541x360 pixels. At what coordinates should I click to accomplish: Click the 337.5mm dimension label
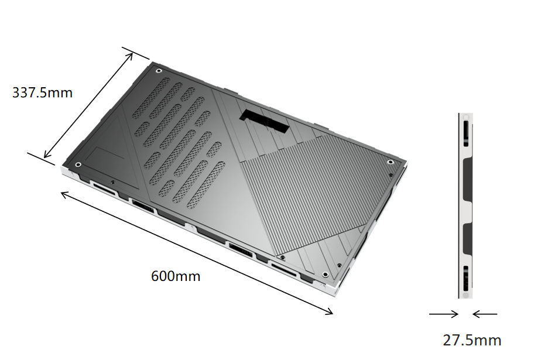pos(42,92)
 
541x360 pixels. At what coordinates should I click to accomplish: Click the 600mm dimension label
pos(176,276)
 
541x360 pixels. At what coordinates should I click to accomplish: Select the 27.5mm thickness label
pos(472,340)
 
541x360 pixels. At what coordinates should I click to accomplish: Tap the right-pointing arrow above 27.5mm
pos(444,314)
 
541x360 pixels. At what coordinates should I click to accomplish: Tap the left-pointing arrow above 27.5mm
pos(485,314)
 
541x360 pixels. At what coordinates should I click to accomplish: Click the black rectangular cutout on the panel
pos(264,121)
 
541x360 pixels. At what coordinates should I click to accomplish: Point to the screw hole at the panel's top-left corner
pos(159,71)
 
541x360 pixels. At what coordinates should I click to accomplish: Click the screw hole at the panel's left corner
pos(78,164)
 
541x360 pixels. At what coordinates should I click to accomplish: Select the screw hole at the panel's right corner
pos(390,162)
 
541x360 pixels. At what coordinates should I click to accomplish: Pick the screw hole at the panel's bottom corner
pos(326,275)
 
